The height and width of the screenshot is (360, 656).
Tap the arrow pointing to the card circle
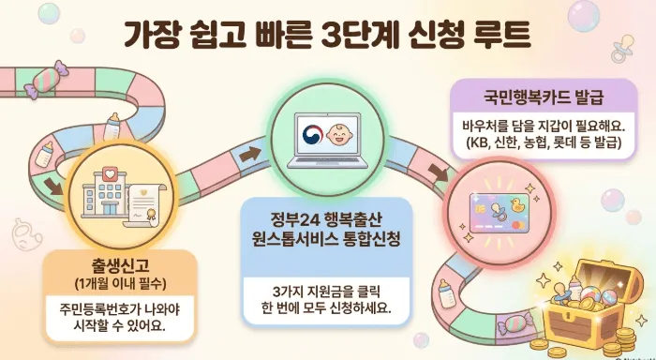[437, 173]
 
